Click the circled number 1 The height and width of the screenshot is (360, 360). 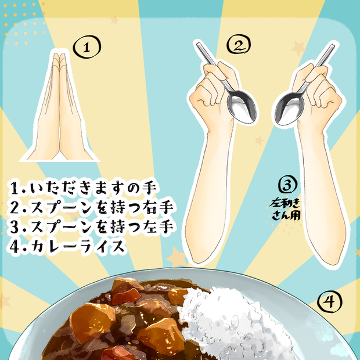pyautogui.click(x=87, y=47)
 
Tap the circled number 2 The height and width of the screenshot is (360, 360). pyautogui.click(x=239, y=44)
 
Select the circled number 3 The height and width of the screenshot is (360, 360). pyautogui.click(x=287, y=184)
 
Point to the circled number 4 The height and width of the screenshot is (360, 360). pyautogui.click(x=329, y=301)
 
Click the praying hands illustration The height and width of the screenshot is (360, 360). pyautogui.click(x=60, y=108)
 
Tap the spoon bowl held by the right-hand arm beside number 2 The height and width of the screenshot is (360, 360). pyautogui.click(x=242, y=106)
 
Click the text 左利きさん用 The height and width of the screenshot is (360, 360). pyautogui.click(x=285, y=210)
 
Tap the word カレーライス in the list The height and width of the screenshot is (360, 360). pyautogui.click(x=78, y=246)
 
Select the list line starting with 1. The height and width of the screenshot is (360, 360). pyautogui.click(x=82, y=188)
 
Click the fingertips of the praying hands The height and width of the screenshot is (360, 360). pyautogui.click(x=59, y=55)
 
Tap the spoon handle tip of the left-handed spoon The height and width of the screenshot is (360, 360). pyautogui.click(x=332, y=46)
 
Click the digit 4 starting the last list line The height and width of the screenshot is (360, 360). pyautogui.click(x=15, y=246)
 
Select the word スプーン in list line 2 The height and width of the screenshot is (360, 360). pyautogui.click(x=62, y=207)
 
